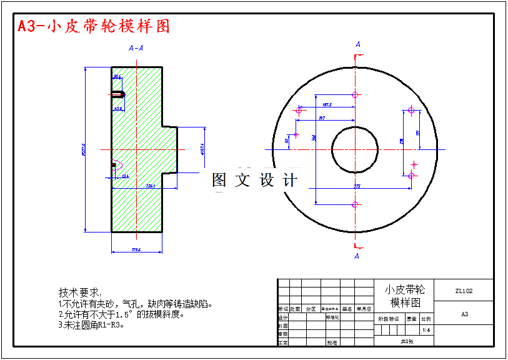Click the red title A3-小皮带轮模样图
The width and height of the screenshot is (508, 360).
[94, 26]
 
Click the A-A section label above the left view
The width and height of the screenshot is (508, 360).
[136, 48]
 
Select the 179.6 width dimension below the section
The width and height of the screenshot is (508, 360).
[136, 249]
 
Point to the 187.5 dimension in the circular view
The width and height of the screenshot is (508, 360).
[327, 105]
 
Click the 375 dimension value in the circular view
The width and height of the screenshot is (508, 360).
[357, 186]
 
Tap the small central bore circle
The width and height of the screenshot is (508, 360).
[354, 149]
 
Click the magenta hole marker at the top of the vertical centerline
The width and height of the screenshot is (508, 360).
[355, 95]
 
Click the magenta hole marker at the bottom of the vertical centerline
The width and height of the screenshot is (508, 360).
[355, 204]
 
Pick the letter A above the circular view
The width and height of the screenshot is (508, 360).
[357, 44]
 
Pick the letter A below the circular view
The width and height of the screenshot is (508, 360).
[357, 256]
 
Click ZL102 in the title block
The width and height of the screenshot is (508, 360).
[464, 291]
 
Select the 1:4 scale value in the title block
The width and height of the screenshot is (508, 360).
[426, 330]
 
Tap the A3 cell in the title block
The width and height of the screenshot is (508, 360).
[464, 314]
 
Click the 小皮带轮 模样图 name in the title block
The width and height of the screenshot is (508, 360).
[404, 296]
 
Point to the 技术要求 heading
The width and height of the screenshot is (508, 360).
[79, 292]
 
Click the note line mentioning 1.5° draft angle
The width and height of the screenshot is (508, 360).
[122, 314]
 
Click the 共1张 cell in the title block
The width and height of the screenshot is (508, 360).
[407, 341]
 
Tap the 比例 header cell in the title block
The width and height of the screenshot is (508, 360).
[426, 319]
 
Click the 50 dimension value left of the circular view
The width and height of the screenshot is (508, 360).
[287, 141]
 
